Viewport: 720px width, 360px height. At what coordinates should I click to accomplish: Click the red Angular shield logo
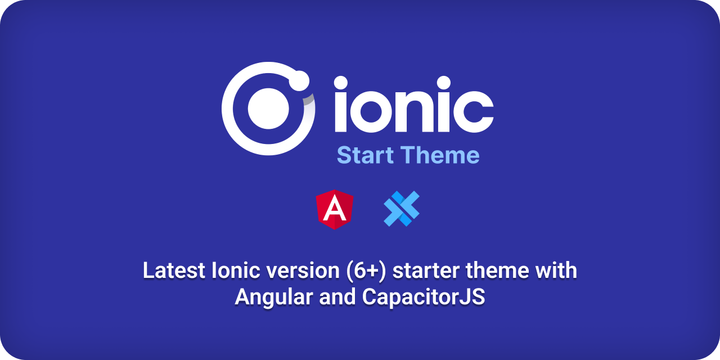pyautogui.click(x=335, y=210)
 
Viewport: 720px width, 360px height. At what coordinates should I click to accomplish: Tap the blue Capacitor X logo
pyautogui.click(x=402, y=209)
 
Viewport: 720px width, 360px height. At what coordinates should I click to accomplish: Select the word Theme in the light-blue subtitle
pyautogui.click(x=440, y=155)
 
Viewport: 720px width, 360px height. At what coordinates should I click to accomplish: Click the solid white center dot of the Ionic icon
pyautogui.click(x=268, y=109)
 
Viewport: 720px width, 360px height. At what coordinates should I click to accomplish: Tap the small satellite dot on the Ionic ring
pyautogui.click(x=299, y=80)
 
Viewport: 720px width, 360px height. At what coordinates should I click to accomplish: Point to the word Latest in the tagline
pyautogui.click(x=174, y=271)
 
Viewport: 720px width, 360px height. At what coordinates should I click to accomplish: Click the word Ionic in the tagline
pyautogui.click(x=236, y=271)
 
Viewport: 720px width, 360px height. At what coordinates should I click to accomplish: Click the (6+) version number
pyautogui.click(x=366, y=271)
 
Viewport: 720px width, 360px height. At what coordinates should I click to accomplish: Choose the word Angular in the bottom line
pyautogui.click(x=274, y=298)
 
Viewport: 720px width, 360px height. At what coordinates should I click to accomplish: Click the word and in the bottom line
pyautogui.click(x=337, y=297)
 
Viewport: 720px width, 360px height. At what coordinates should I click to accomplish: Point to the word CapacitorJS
pyautogui.click(x=424, y=297)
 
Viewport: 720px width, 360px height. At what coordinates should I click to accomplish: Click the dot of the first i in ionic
pyautogui.click(x=341, y=83)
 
